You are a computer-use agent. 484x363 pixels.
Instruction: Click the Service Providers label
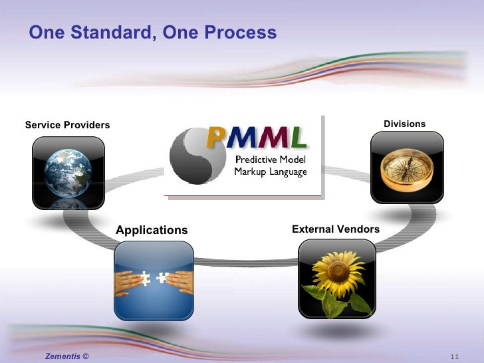67,125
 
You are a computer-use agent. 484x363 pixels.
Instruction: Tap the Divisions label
404,124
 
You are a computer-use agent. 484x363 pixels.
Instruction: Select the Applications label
152,230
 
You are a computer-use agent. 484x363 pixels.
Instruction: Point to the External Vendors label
336,229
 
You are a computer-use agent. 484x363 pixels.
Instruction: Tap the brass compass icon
406,166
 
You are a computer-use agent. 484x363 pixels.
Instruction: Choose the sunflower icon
336,278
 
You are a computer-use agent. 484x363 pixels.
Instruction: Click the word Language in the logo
289,172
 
